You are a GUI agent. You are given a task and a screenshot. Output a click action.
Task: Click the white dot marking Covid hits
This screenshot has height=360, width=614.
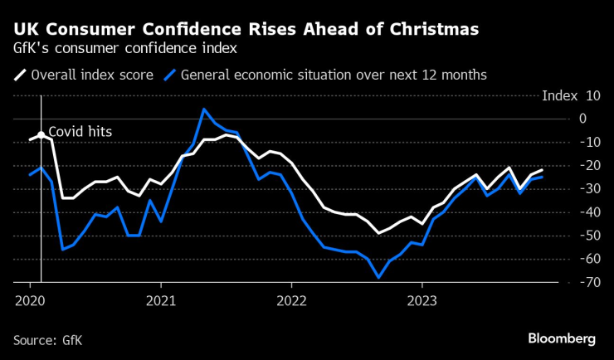click(x=41, y=134)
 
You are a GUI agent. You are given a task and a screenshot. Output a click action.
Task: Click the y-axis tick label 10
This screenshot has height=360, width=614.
click(x=592, y=95)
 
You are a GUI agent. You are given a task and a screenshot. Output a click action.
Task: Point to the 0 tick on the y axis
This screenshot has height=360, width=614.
click(x=583, y=119)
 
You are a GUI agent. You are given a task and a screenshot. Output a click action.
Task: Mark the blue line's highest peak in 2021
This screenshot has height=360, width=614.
click(x=203, y=109)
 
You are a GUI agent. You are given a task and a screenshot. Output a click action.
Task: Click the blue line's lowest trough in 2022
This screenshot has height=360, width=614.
click(x=378, y=278)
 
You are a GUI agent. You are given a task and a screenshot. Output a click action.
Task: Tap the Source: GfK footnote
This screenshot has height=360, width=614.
click(x=48, y=340)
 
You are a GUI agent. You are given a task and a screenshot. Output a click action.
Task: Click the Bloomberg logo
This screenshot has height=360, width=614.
click(x=562, y=338)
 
